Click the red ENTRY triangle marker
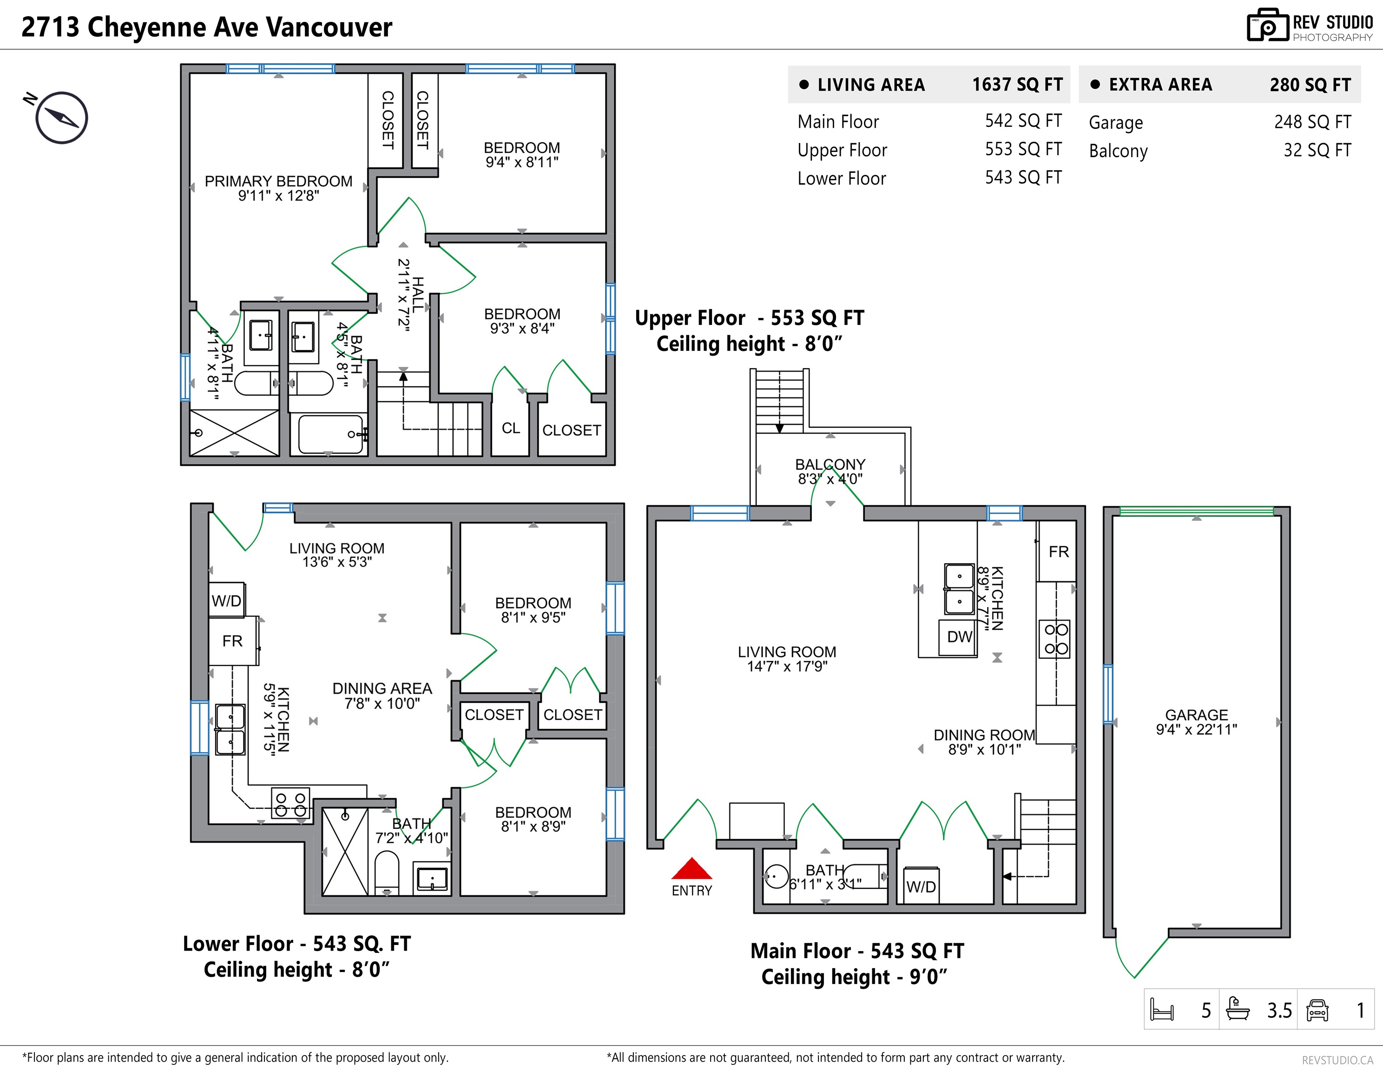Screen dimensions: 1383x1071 (x=692, y=868)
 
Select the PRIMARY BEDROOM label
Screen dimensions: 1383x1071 (x=279, y=181)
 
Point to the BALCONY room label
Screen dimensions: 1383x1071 (x=830, y=464)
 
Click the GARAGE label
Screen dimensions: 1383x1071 (x=1196, y=714)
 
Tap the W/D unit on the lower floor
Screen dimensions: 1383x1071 (x=227, y=601)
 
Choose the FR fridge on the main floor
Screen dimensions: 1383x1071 (x=1058, y=552)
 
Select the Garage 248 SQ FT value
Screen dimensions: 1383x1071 (x=1313, y=122)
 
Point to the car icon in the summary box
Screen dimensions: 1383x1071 (x=1317, y=1010)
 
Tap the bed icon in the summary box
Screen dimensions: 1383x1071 (x=1162, y=1010)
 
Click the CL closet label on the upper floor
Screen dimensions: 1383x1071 (x=510, y=428)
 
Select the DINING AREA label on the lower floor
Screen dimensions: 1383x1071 (x=382, y=688)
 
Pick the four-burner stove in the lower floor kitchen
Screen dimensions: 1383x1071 (x=290, y=804)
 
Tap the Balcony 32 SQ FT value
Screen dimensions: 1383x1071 (x=1317, y=150)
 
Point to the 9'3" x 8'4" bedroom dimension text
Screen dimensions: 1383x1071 (x=522, y=328)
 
